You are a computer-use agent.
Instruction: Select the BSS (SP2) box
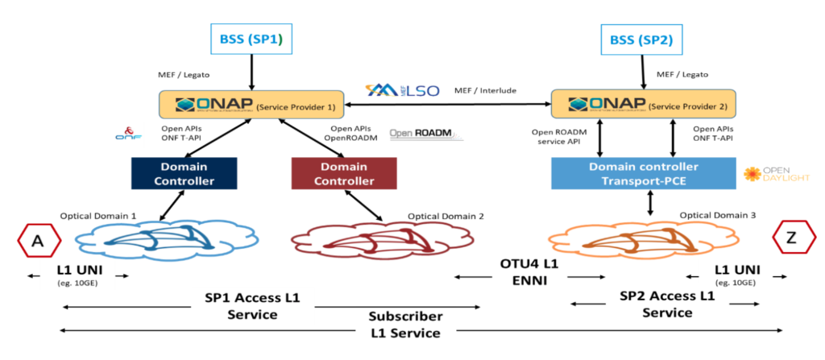(x=643, y=38)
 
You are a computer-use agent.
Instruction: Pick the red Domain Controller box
(x=343, y=173)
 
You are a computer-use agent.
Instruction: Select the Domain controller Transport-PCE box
(x=644, y=172)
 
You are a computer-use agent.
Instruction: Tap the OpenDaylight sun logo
(x=752, y=173)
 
